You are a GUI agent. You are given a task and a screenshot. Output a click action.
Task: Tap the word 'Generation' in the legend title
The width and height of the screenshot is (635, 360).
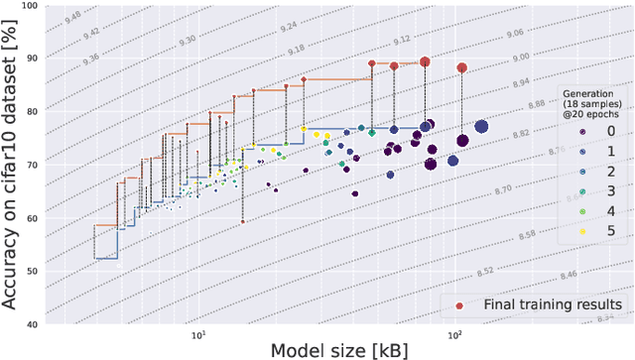(579, 90)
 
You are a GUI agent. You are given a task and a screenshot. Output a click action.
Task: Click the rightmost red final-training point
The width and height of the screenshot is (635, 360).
(462, 67)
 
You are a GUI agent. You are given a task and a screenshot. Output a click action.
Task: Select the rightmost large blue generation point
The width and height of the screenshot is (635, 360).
(481, 127)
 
